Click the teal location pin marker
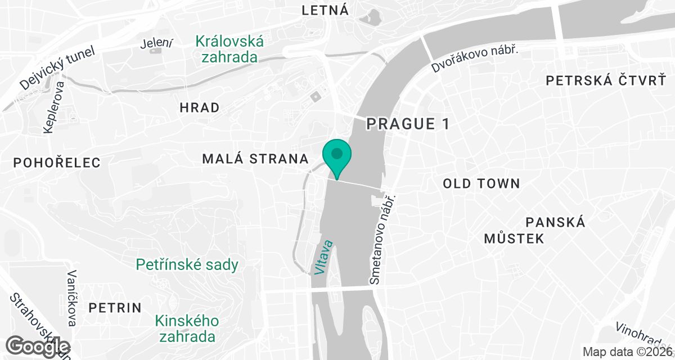337,155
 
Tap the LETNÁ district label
325,10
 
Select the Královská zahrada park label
230,49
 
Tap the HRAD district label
199,108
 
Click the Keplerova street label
54,107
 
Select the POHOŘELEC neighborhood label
57,163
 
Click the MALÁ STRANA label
255,159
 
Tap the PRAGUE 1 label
408,124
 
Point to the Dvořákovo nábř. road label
475,58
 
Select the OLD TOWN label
481,183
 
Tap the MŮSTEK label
514,238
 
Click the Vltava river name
324,258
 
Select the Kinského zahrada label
187,329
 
